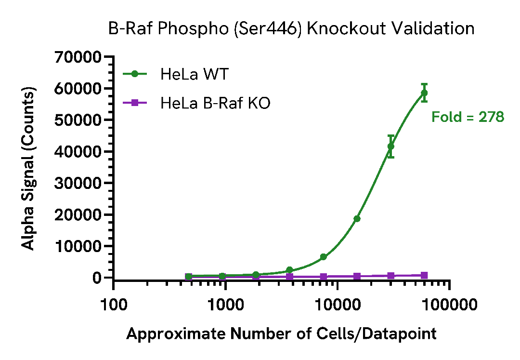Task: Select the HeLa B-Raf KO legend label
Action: click(215, 103)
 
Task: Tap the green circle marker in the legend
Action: click(135, 74)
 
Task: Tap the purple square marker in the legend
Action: click(135, 103)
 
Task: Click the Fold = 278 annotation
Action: click(468, 117)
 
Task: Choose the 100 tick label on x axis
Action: click(114, 305)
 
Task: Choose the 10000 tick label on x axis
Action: click(338, 305)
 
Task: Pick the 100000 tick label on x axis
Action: click(449, 305)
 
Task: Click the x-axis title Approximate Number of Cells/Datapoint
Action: click(281, 333)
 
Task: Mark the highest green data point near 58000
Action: click(424, 93)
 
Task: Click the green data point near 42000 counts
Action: click(391, 146)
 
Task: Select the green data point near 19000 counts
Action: click(357, 219)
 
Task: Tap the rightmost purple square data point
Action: click(424, 275)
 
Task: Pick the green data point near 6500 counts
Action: click(324, 257)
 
